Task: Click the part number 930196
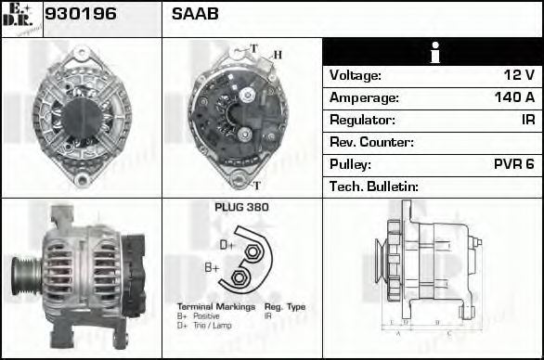click(x=77, y=15)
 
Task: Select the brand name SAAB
click(x=195, y=15)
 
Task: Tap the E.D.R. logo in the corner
click(x=20, y=18)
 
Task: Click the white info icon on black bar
click(x=434, y=52)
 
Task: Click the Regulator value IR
click(x=527, y=120)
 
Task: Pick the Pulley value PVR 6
click(x=513, y=164)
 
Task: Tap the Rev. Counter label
click(x=371, y=142)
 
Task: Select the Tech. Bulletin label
click(x=374, y=186)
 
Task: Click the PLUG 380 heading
click(x=241, y=207)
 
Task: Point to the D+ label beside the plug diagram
click(x=227, y=245)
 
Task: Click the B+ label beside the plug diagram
click(x=212, y=268)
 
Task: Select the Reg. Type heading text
click(x=284, y=307)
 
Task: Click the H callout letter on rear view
click(x=276, y=55)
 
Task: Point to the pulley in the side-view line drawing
click(x=381, y=264)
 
